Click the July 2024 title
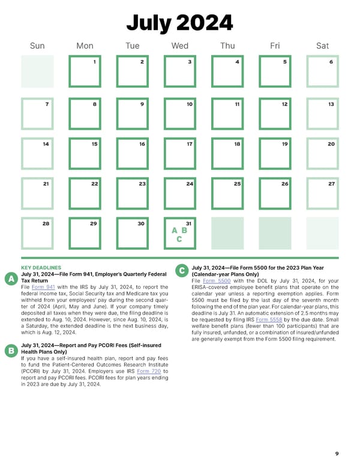pyautogui.click(x=179, y=23)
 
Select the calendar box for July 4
pyautogui.click(x=227, y=71)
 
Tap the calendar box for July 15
pyautogui.click(x=85, y=153)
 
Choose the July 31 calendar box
pyautogui.click(x=180, y=233)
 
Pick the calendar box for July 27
pyautogui.click(x=322, y=193)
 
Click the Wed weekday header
pyautogui.click(x=179, y=46)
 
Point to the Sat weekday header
pyautogui.click(x=322, y=46)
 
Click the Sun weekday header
pyautogui.click(x=37, y=46)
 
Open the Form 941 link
pyautogui.click(x=40, y=287)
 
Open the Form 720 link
pyautogui.click(x=152, y=372)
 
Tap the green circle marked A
pyautogui.click(x=10, y=279)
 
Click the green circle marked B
pyautogui.click(x=10, y=349)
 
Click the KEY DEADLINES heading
pyautogui.click(x=41, y=267)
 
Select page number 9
pyautogui.click(x=337, y=453)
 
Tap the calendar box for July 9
pyautogui.click(x=132, y=113)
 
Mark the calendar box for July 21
pyautogui.click(x=37, y=193)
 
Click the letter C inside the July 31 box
pyautogui.click(x=179, y=239)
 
